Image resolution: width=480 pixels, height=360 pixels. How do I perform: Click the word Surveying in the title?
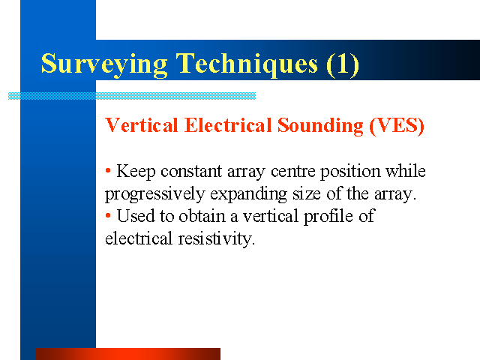click(104, 64)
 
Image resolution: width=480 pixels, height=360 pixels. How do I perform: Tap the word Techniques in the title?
click(247, 64)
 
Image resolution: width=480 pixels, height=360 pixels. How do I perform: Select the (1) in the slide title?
click(343, 64)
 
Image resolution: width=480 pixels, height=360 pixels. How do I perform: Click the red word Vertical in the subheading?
click(142, 125)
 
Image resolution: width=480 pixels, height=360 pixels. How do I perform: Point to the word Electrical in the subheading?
click(228, 125)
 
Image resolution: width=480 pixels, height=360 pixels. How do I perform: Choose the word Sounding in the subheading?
click(320, 126)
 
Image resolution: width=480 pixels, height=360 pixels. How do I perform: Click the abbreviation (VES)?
click(397, 126)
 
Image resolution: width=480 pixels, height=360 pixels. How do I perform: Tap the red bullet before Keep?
click(108, 170)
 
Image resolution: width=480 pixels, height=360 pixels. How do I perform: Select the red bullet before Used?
click(108, 215)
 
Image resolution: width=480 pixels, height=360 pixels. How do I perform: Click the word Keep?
click(136, 172)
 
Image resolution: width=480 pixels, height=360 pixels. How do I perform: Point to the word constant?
click(191, 171)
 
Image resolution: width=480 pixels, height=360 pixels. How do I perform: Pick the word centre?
click(293, 172)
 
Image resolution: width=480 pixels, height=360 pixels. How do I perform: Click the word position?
click(350, 172)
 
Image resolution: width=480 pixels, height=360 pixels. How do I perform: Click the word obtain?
click(202, 216)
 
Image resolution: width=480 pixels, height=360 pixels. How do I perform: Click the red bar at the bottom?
click(128, 354)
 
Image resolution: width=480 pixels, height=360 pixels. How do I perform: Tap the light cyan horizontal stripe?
click(132, 96)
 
